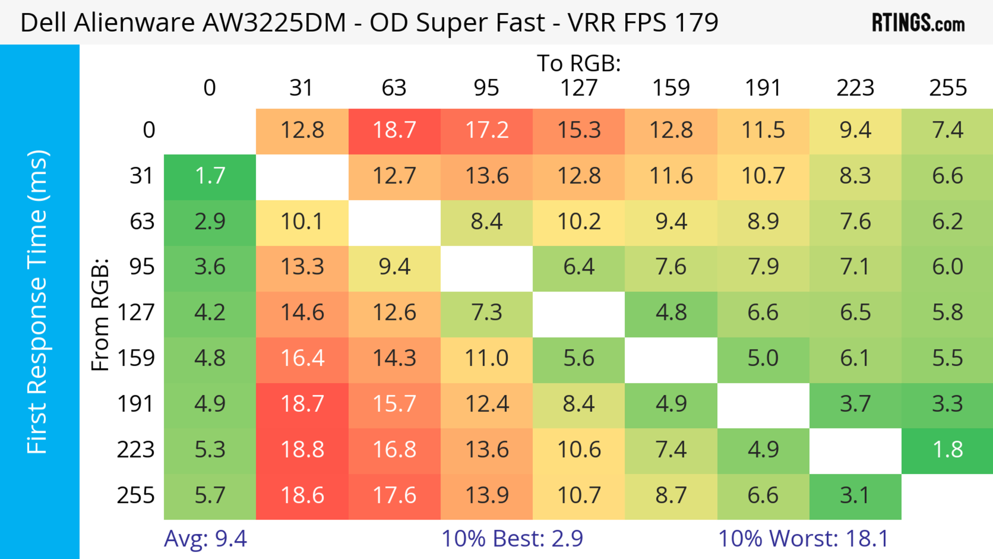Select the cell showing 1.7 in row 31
click(210, 176)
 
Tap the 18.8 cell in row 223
click(302, 450)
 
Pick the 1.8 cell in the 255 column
click(947, 450)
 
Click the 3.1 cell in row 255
click(855, 495)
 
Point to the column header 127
click(579, 88)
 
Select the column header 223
click(855, 88)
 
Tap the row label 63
click(142, 221)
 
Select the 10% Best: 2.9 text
click(512, 539)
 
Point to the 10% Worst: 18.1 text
click(803, 539)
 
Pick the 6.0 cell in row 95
click(947, 267)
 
